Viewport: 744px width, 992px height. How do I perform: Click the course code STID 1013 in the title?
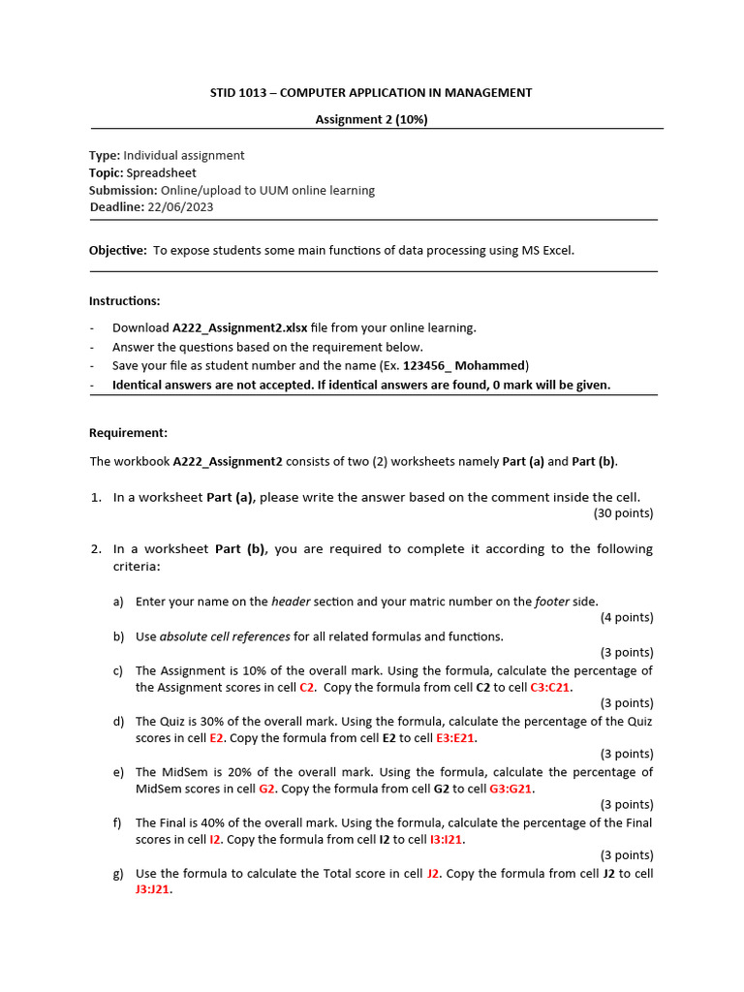pyautogui.click(x=237, y=93)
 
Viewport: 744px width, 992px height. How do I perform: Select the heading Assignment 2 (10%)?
pyautogui.click(x=371, y=119)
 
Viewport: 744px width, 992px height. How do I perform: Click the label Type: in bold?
pyautogui.click(x=105, y=155)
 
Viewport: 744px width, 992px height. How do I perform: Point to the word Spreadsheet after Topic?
pyautogui.click(x=161, y=172)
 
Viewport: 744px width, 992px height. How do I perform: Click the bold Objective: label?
pyautogui.click(x=118, y=250)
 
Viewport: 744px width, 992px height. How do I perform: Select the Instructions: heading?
pyautogui.click(x=125, y=301)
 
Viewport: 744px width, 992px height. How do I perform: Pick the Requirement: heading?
pyautogui.click(x=128, y=433)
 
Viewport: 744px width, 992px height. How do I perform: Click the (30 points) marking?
pyautogui.click(x=623, y=513)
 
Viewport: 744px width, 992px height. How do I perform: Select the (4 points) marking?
pyautogui.click(x=626, y=618)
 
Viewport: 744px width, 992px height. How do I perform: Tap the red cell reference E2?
pyautogui.click(x=216, y=737)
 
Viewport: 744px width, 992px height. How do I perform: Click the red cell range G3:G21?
pyautogui.click(x=511, y=789)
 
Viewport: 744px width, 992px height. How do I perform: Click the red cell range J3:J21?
pyautogui.click(x=152, y=889)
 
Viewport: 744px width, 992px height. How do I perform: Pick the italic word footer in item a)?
pyautogui.click(x=552, y=602)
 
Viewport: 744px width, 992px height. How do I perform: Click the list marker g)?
pyautogui.click(x=118, y=874)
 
